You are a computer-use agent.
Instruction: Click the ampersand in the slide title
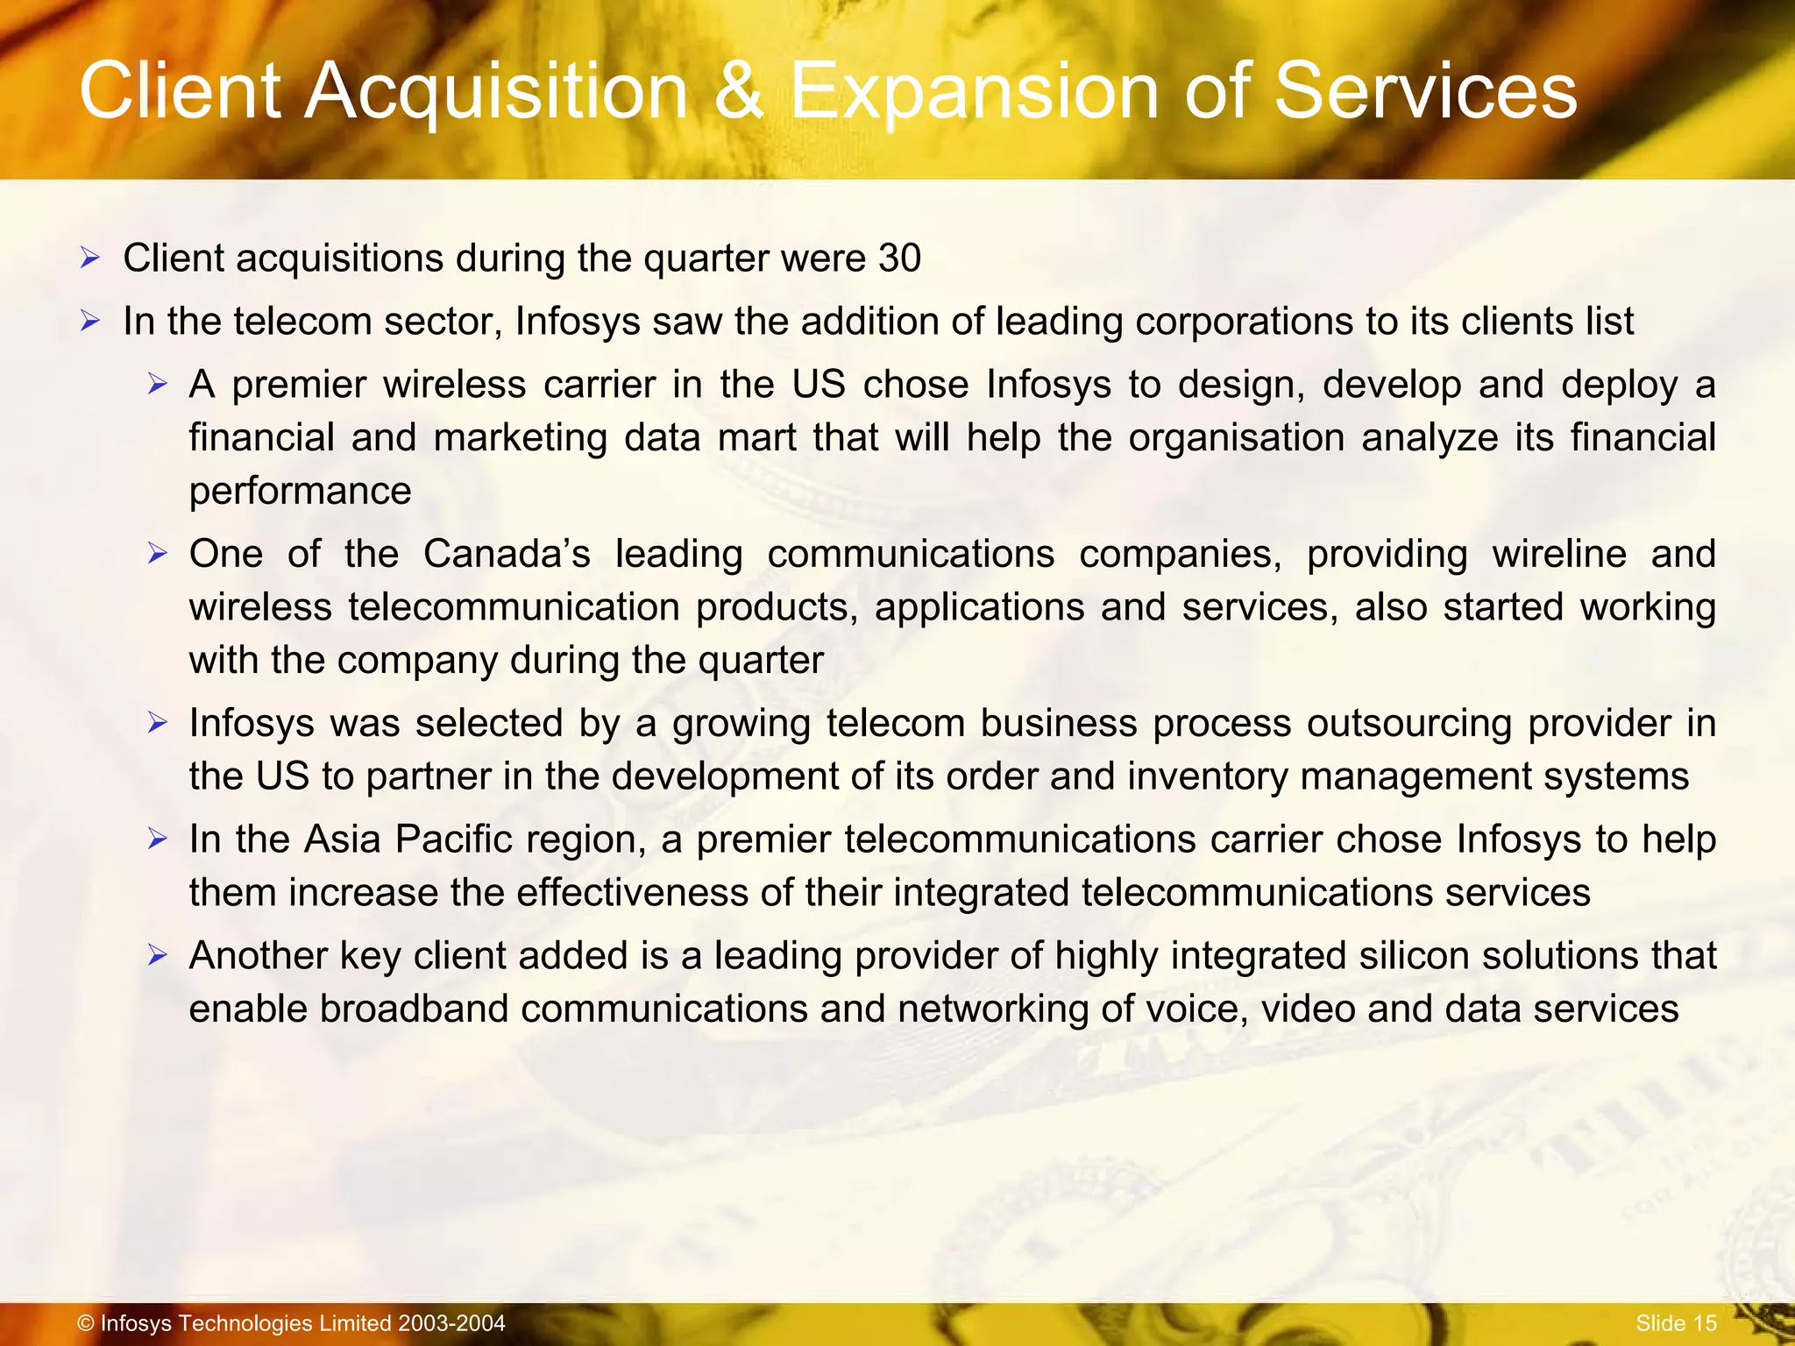(739, 91)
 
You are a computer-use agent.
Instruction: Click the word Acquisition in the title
(496, 93)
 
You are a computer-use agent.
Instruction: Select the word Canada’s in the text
(507, 554)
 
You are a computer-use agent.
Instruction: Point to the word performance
(300, 492)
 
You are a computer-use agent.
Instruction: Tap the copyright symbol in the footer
(86, 1323)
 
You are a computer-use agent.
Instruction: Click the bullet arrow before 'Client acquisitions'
(90, 259)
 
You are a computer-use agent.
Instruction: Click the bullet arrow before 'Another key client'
(157, 955)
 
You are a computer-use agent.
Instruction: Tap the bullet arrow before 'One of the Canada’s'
(157, 554)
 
